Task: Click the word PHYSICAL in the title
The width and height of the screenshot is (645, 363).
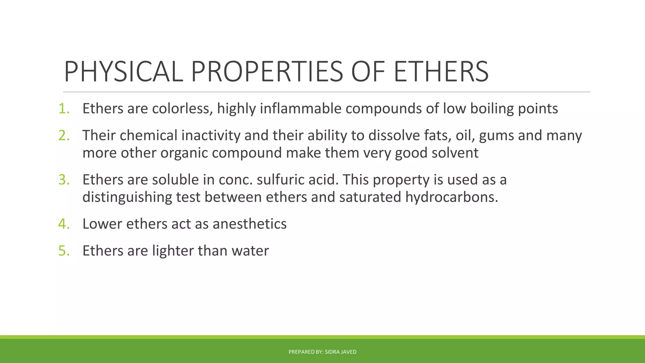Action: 123,72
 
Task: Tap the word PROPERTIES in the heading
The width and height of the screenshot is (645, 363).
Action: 266,72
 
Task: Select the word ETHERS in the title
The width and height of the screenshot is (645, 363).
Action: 441,72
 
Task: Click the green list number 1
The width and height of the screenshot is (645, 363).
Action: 64,109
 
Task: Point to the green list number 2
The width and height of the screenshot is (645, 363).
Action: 64,135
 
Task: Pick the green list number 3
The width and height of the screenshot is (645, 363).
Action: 64,180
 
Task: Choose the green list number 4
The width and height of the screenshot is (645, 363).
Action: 64,224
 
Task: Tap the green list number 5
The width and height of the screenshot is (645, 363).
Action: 64,251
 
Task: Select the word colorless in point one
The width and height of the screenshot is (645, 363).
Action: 182,109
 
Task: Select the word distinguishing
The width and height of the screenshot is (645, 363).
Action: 127,198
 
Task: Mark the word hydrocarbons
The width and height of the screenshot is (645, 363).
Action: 451,197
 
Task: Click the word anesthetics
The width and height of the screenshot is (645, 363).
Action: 249,224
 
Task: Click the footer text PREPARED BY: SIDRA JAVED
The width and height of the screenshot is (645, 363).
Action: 322,352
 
